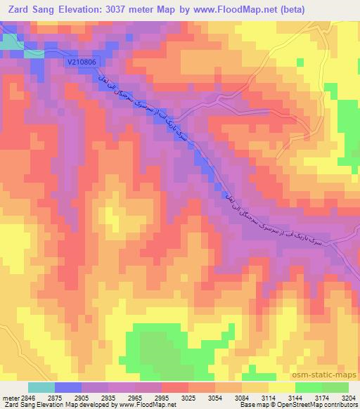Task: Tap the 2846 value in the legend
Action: [26, 397]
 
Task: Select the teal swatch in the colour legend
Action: [41, 387]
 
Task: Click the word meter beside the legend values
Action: [9, 397]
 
